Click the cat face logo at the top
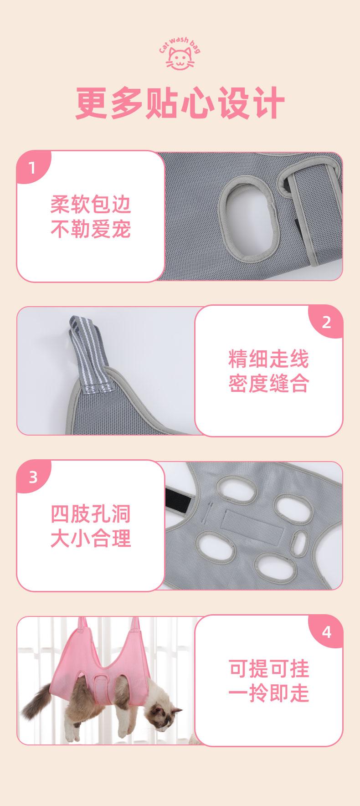coord(180,58)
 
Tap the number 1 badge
coord(31,168)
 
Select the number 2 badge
coord(326,322)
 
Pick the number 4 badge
coord(327,632)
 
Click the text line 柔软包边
coord(91,205)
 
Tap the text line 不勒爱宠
coord(91,229)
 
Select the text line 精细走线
coord(269,359)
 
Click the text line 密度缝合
coord(269,384)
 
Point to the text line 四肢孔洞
coord(91,514)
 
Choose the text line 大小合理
coord(91,539)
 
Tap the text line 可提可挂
coord(269,668)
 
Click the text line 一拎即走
coord(269,693)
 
